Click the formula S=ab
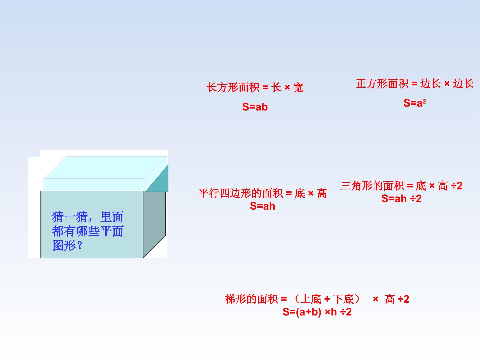(x=255, y=107)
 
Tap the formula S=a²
(x=415, y=103)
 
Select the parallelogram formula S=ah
(x=262, y=206)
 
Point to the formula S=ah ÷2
(x=401, y=199)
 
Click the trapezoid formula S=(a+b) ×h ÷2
(x=317, y=312)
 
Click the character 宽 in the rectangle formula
(x=298, y=88)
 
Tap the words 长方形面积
(x=233, y=88)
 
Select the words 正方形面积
(x=382, y=84)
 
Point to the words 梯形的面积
(x=251, y=299)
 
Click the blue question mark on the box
(x=80, y=245)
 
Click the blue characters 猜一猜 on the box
(x=70, y=217)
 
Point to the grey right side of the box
(x=154, y=224)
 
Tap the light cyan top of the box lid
(x=105, y=167)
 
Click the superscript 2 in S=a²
(x=424, y=101)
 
